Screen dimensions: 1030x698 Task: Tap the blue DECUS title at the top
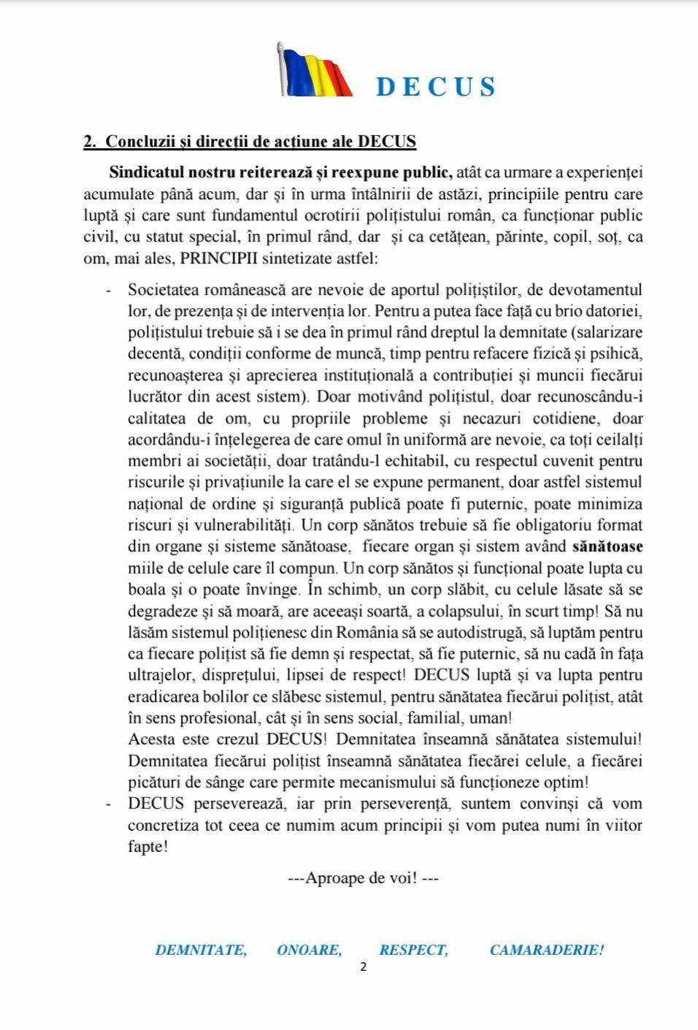point(436,87)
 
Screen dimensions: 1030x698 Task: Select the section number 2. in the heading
point(91,142)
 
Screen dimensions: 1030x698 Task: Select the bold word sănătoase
point(607,547)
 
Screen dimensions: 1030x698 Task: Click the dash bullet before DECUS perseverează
point(108,804)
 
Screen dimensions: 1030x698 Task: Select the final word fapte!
point(147,847)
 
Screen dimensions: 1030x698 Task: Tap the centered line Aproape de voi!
point(363,877)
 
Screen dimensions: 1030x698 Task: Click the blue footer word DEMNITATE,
point(201,950)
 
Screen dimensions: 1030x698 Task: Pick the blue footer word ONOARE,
point(309,950)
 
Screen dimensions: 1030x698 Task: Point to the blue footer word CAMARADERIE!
point(547,950)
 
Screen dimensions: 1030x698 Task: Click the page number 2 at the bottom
point(363,968)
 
